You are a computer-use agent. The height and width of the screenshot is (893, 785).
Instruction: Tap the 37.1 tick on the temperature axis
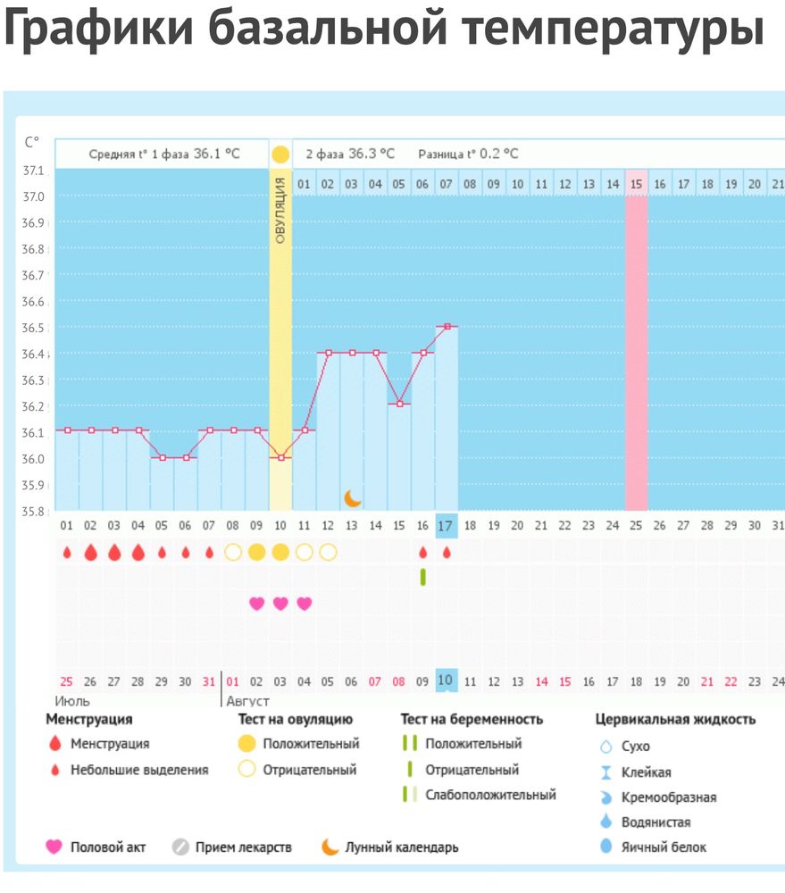tap(34, 170)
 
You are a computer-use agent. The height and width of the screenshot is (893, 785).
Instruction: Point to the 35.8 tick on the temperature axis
tap(34, 512)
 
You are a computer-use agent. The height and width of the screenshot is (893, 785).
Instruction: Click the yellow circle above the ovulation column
tap(280, 154)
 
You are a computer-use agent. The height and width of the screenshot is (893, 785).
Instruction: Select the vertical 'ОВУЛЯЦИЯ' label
tap(280, 211)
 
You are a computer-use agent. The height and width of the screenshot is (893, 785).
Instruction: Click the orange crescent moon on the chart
tap(353, 497)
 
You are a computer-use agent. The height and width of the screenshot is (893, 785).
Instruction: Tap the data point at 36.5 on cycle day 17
tap(447, 327)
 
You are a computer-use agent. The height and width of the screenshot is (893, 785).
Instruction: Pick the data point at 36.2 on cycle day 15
tap(399, 405)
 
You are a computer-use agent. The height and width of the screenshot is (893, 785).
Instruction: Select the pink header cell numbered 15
tap(636, 184)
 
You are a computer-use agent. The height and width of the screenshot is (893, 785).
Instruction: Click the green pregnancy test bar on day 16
tap(423, 577)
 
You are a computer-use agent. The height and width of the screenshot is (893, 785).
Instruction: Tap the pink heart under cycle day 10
tap(280, 604)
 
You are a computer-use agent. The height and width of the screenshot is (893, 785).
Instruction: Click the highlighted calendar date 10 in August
tap(447, 681)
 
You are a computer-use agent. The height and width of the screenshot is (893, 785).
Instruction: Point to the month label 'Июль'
tap(73, 701)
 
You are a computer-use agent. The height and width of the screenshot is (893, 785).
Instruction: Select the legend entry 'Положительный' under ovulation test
tap(311, 744)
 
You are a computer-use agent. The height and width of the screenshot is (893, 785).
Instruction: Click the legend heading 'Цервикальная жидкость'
tap(675, 719)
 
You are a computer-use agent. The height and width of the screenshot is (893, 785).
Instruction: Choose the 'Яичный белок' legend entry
tap(664, 847)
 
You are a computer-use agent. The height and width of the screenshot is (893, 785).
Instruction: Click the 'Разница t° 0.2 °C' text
tap(468, 154)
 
